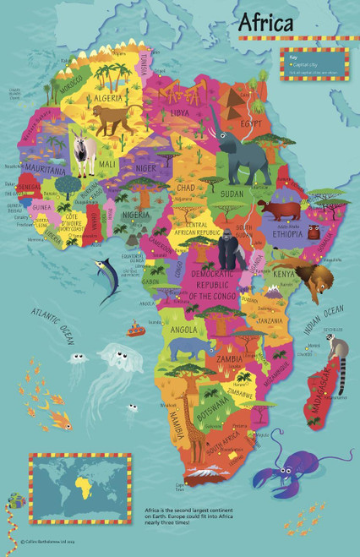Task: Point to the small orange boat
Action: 136,329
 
